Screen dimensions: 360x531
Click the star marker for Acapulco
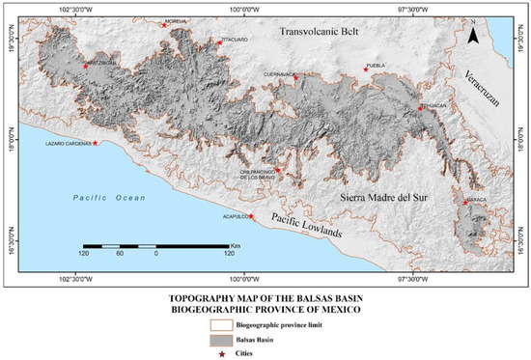click(x=251, y=216)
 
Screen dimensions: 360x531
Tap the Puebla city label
click(x=377, y=66)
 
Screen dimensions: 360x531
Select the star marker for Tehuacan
click(x=420, y=109)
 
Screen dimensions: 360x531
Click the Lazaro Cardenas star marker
click(x=95, y=144)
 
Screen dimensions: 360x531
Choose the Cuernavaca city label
click(x=280, y=72)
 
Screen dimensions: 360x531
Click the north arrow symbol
click(x=473, y=36)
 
